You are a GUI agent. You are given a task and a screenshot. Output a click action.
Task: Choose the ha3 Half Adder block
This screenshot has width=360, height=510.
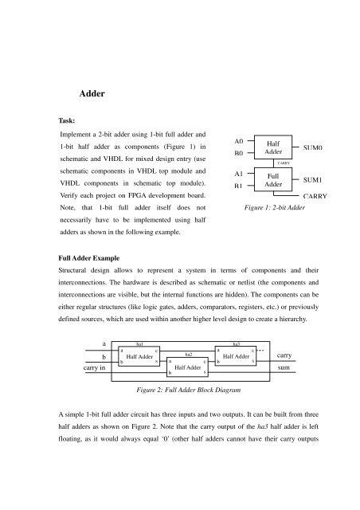tap(237, 357)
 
